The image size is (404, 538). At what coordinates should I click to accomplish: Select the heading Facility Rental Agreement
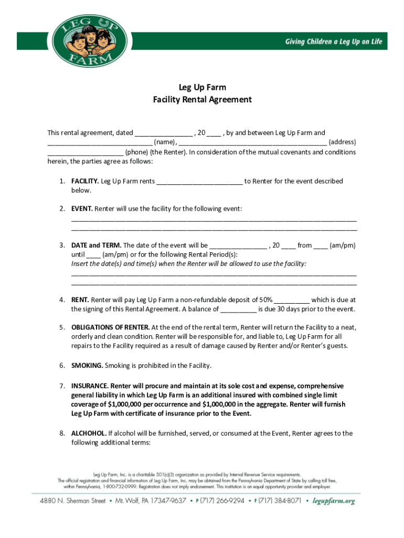point(202,99)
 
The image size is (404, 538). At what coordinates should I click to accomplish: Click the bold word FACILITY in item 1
point(85,181)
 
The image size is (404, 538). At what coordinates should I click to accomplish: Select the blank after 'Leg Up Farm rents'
point(199,182)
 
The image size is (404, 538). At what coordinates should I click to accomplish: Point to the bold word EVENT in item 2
point(82,209)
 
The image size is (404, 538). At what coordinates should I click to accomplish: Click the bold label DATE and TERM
point(97,245)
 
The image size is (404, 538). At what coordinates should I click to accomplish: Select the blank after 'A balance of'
point(238,310)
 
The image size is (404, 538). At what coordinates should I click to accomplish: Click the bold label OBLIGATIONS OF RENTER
point(111,327)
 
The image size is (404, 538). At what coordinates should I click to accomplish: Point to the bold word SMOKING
point(88,365)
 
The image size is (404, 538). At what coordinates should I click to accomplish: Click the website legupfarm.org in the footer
point(334,501)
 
